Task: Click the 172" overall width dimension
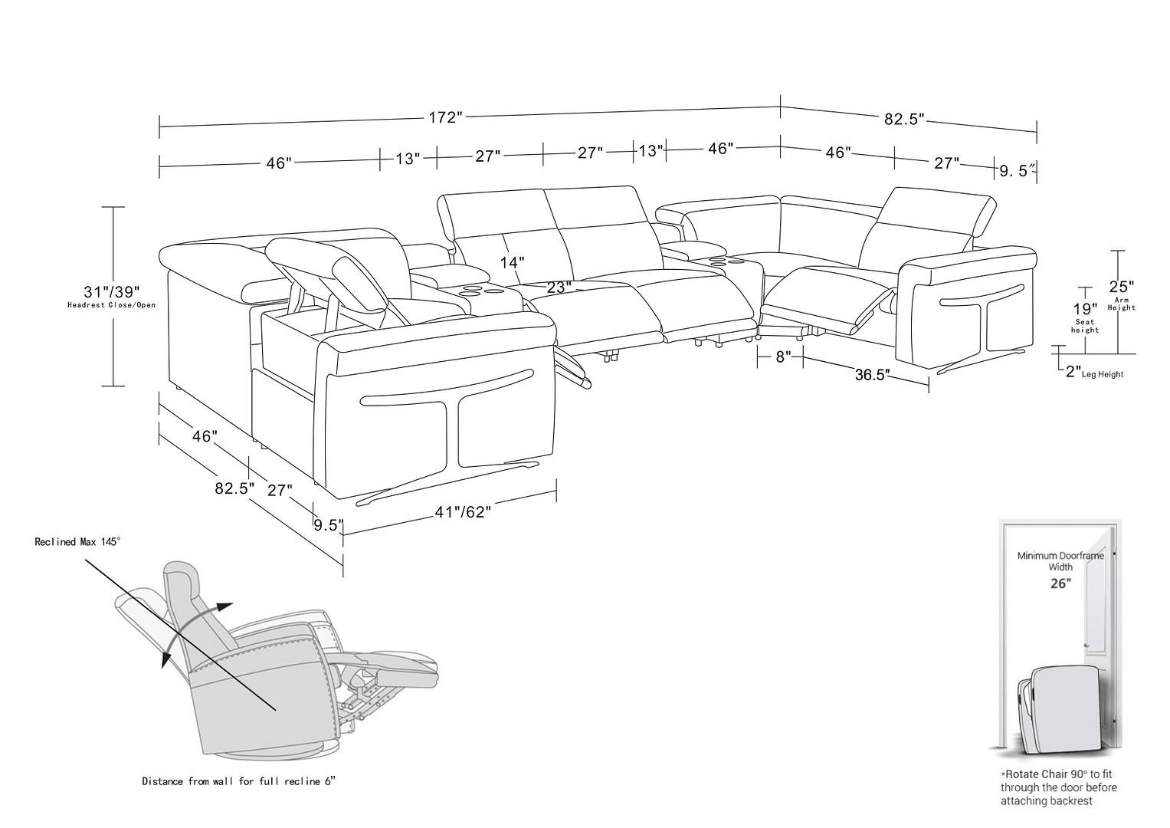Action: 445,117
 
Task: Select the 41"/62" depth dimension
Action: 461,512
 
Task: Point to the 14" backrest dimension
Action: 512,262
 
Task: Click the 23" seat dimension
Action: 559,287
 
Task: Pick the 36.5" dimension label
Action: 872,375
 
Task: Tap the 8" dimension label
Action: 782,356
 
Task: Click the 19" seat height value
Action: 1084,307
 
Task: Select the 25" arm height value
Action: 1121,287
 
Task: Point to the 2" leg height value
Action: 1073,373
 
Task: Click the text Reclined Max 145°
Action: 77,542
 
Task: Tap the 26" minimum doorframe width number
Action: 1060,583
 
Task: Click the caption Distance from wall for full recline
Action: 238,781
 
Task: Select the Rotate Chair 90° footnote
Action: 1058,787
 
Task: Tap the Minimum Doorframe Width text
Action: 1060,560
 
